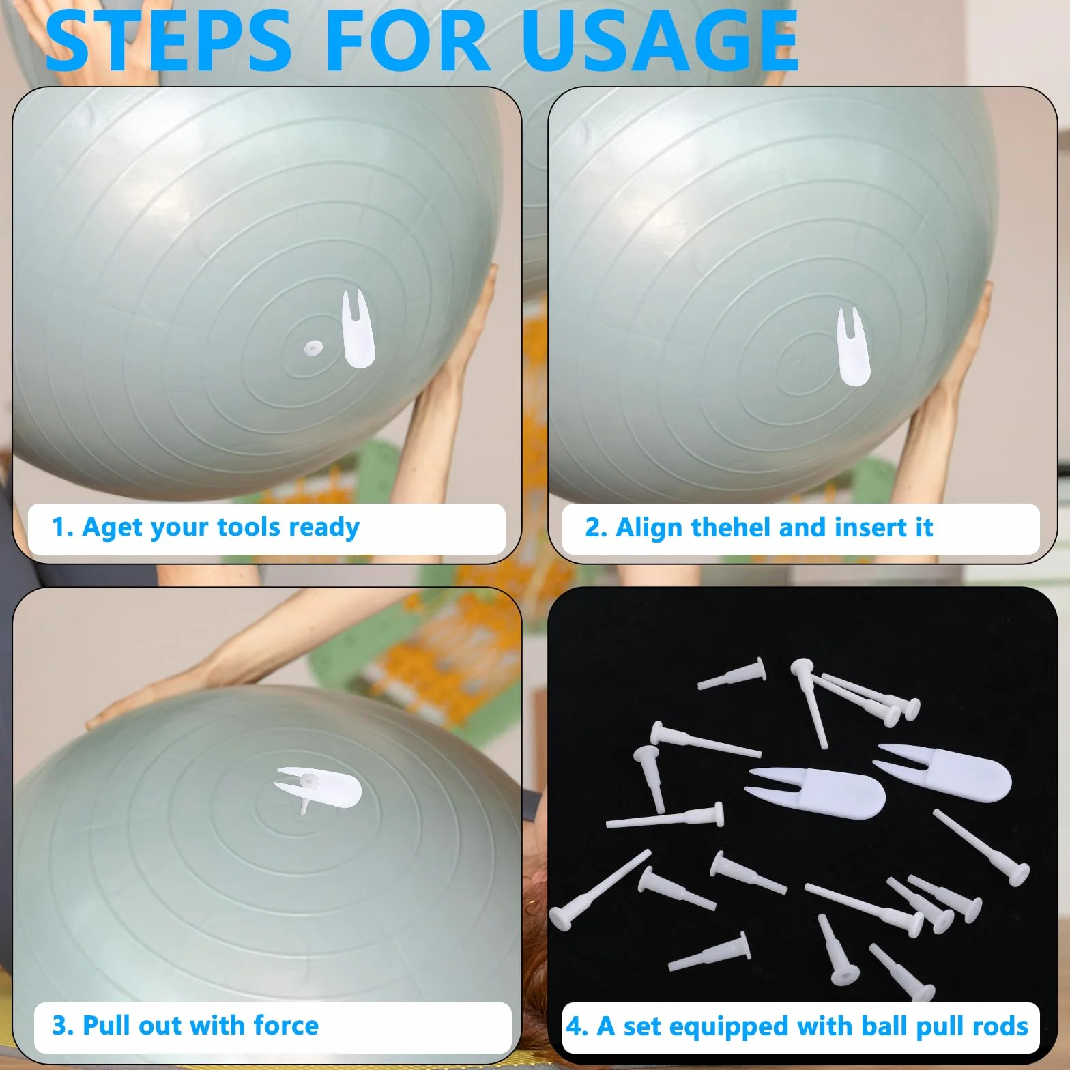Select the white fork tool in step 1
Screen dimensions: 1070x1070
(358, 329)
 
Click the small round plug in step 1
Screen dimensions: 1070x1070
(314, 349)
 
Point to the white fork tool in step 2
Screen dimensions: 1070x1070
(853, 347)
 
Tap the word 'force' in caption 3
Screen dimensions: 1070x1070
(285, 1026)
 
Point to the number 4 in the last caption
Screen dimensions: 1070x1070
(575, 1026)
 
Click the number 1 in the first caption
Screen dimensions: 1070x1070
(59, 527)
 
